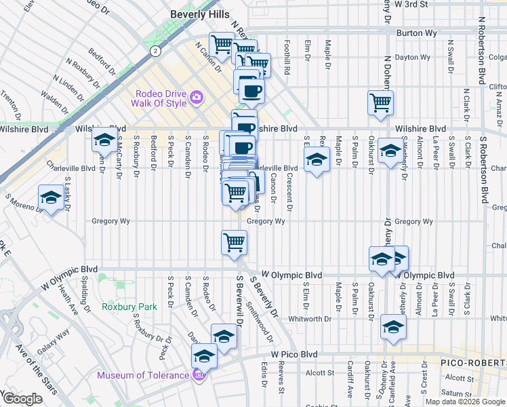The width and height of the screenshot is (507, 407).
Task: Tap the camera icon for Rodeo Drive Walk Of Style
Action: click(x=196, y=98)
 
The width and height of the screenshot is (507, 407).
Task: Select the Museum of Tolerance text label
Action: click(x=142, y=375)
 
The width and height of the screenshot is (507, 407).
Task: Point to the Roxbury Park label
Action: click(x=129, y=307)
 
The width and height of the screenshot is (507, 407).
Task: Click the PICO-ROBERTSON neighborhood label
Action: click(x=472, y=364)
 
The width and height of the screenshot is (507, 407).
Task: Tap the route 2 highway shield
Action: click(x=156, y=50)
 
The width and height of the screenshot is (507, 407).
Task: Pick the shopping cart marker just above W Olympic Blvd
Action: click(x=235, y=242)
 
